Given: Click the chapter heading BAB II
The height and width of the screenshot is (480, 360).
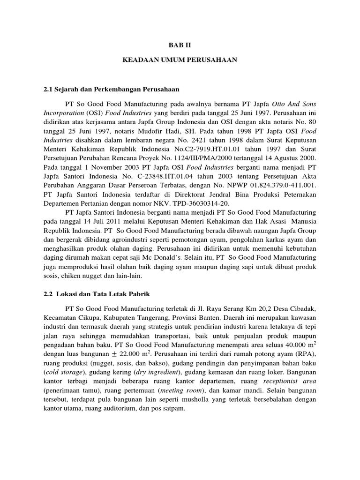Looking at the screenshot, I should pos(180,45).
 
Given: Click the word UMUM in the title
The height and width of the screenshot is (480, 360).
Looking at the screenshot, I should pos(175,60).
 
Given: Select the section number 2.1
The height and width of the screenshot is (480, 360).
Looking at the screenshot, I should pos(48,89).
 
